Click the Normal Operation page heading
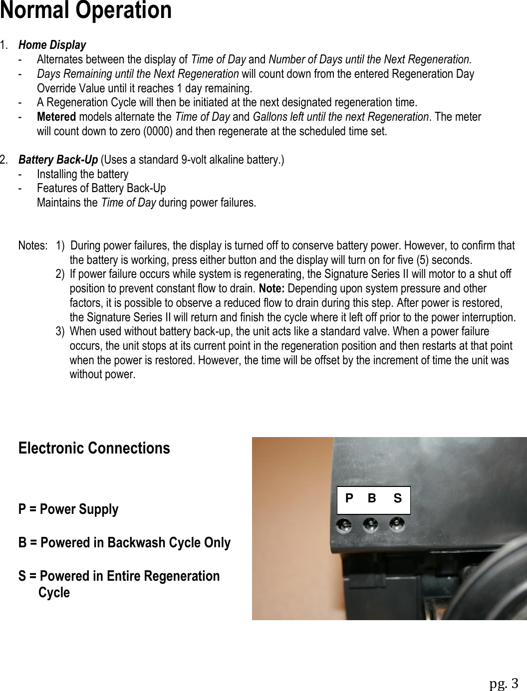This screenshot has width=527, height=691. click(x=86, y=11)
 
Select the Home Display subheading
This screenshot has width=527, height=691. click(x=52, y=45)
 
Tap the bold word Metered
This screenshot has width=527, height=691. click(x=56, y=117)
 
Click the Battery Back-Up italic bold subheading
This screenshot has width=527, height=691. click(x=58, y=160)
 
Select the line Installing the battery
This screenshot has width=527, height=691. click(x=82, y=174)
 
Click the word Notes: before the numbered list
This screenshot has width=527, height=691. click(x=32, y=245)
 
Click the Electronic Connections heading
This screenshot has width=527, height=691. click(x=94, y=448)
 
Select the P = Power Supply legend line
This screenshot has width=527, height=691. click(x=68, y=509)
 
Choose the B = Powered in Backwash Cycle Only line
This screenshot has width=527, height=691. click(x=124, y=543)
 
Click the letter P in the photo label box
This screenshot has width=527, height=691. click(x=349, y=498)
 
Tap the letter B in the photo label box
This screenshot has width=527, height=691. click(x=372, y=498)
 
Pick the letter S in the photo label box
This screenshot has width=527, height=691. click(x=397, y=498)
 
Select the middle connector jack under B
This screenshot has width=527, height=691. click(x=370, y=525)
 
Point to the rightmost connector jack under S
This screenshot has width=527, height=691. click(x=397, y=525)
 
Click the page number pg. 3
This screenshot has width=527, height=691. click(x=504, y=683)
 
